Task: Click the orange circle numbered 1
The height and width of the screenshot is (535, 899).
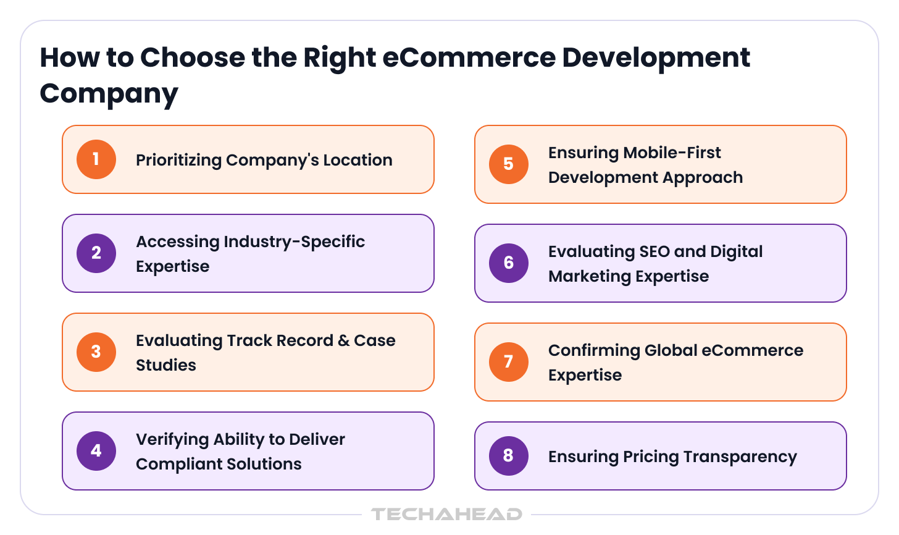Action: tap(96, 159)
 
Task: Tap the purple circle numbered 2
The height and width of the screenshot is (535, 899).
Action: tap(96, 253)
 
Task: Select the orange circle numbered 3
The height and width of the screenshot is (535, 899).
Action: tap(96, 352)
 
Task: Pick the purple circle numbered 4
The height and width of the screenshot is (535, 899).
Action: tap(96, 451)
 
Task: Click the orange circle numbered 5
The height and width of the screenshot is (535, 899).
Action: tap(509, 164)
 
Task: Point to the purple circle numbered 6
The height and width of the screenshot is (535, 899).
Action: tap(509, 263)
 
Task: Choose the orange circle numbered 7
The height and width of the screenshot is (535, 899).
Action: tap(509, 362)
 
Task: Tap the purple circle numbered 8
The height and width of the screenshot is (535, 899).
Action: tap(509, 456)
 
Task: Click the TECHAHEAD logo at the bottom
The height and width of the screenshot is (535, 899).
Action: tap(446, 514)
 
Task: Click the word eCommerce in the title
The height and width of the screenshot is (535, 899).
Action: tap(469, 58)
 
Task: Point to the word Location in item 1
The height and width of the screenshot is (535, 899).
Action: tap(358, 160)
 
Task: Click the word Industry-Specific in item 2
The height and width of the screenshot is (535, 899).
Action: tap(294, 242)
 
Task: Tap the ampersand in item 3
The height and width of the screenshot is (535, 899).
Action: tap(343, 341)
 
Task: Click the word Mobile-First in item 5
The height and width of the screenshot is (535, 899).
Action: tap(672, 153)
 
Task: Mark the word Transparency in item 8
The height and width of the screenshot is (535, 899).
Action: tap(740, 458)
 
